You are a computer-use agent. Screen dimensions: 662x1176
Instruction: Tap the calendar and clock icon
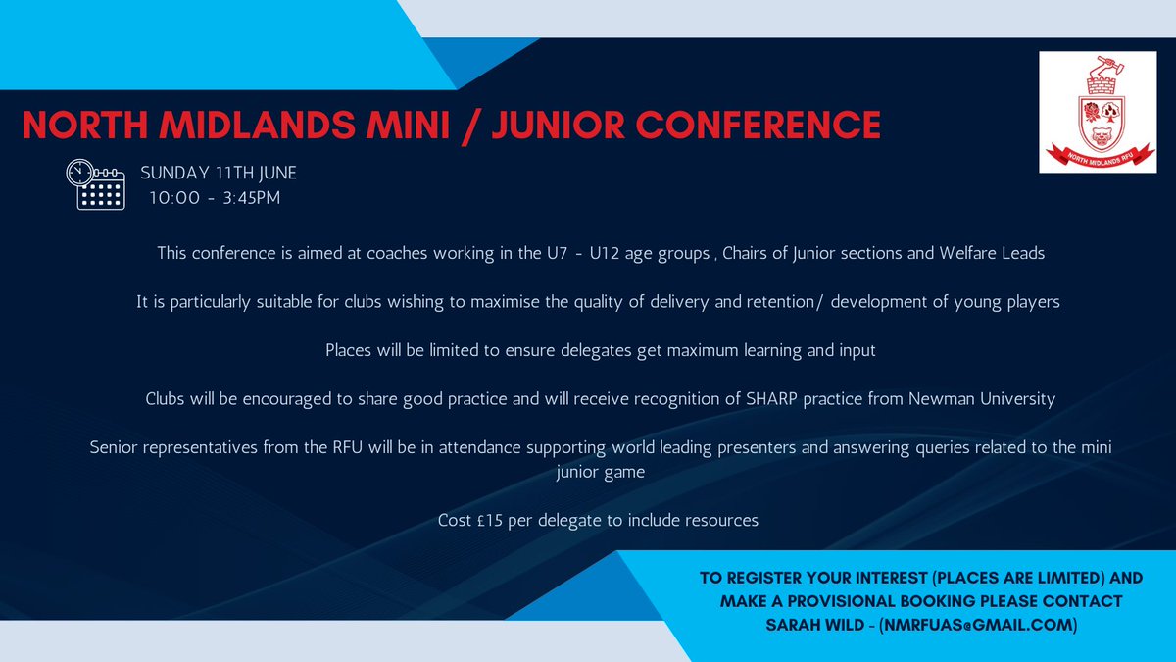point(96,185)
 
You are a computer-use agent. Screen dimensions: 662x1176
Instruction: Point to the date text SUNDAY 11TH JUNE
point(219,174)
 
